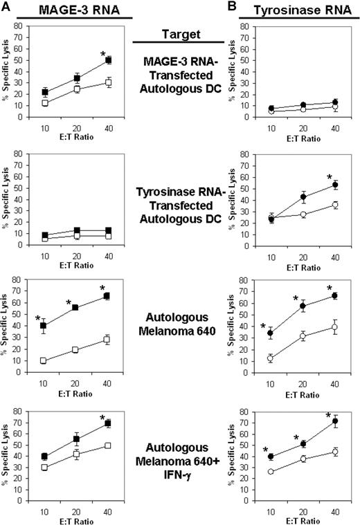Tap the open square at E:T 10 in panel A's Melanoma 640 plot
point(44,360)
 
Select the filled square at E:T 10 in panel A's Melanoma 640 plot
point(44,326)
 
